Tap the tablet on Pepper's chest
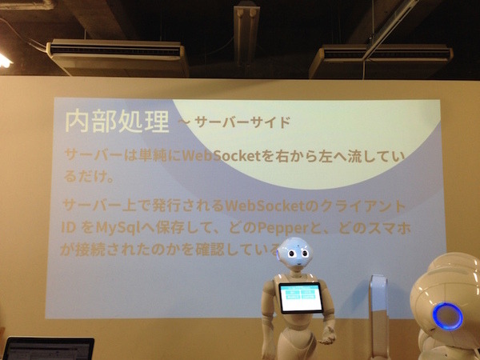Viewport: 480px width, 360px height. (x=300, y=298)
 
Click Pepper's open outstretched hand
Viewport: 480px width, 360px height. (x=327, y=336)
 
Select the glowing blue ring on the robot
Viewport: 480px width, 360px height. (x=447, y=316)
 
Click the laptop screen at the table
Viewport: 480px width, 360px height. (x=48, y=350)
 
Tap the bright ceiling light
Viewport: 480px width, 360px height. (x=4, y=60)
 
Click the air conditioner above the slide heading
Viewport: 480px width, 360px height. (x=117, y=57)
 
